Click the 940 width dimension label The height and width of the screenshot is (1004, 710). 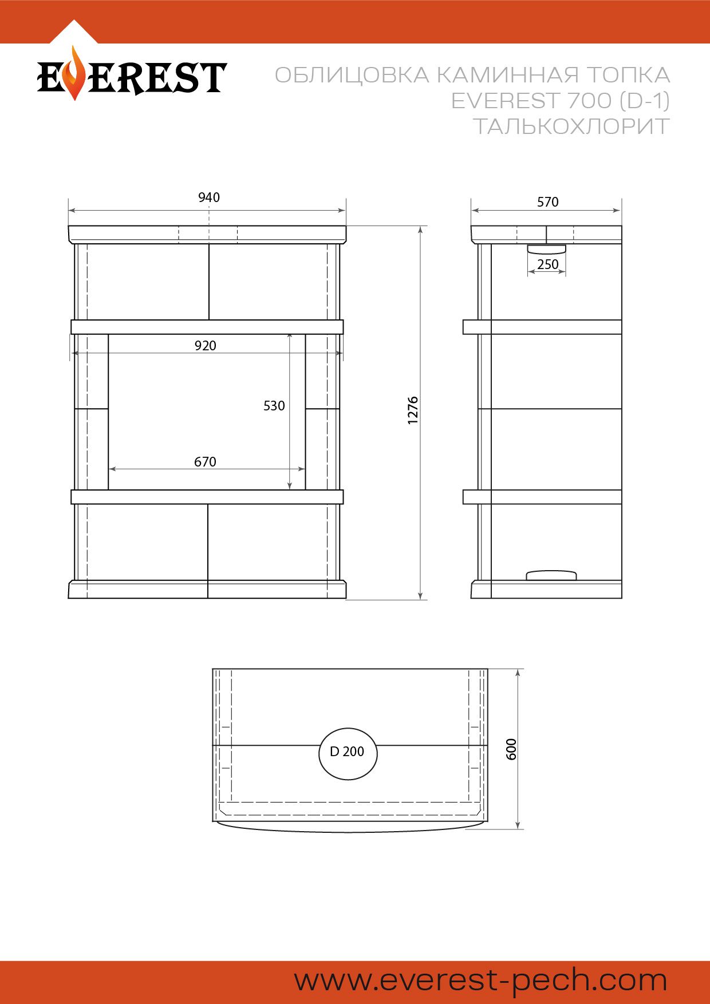[209, 197]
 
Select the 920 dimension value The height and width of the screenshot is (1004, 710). [206, 346]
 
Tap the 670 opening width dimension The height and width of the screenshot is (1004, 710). [206, 462]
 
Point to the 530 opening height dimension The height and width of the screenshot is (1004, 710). [274, 406]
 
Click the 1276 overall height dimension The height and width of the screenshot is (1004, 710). [413, 410]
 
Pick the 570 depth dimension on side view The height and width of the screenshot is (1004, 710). [548, 202]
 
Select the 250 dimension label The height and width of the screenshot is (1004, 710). [548, 264]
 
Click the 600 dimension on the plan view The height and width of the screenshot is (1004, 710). [511, 749]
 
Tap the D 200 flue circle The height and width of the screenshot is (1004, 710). [348, 754]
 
